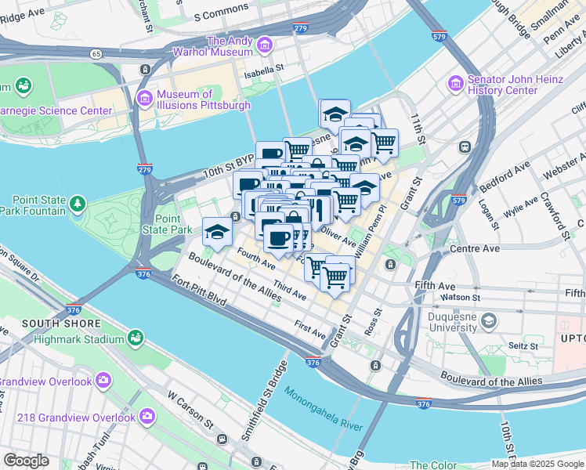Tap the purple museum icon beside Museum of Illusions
[144, 98]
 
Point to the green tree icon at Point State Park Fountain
[77, 204]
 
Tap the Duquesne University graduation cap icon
[489, 320]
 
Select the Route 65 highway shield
[96, 54]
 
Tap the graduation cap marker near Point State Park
[217, 230]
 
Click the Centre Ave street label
[475, 249]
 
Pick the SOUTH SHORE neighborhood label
[61, 324]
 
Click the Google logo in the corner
[26, 461]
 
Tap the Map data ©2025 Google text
[537, 464]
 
